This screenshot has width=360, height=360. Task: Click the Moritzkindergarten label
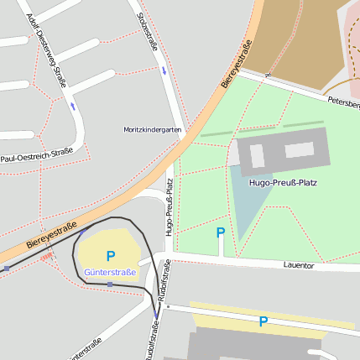point(152,130)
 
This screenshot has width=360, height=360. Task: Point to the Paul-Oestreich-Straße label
point(37,155)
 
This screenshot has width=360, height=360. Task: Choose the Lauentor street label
point(298,264)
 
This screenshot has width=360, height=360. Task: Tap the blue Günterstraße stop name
point(109,273)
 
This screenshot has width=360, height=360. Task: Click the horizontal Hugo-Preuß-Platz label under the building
point(283,181)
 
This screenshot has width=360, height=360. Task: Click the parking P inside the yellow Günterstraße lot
point(110,256)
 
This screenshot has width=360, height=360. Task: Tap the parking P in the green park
point(221,232)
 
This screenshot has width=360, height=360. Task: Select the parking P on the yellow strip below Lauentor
point(263,321)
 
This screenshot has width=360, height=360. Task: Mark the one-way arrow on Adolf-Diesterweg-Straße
point(73,107)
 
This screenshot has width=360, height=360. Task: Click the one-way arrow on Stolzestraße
point(164,70)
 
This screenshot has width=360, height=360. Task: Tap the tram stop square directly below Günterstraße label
point(109,284)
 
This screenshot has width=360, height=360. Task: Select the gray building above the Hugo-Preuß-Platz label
point(283,151)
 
